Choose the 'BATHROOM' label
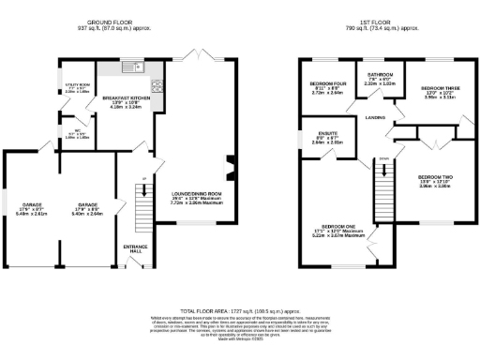(x=379, y=75)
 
